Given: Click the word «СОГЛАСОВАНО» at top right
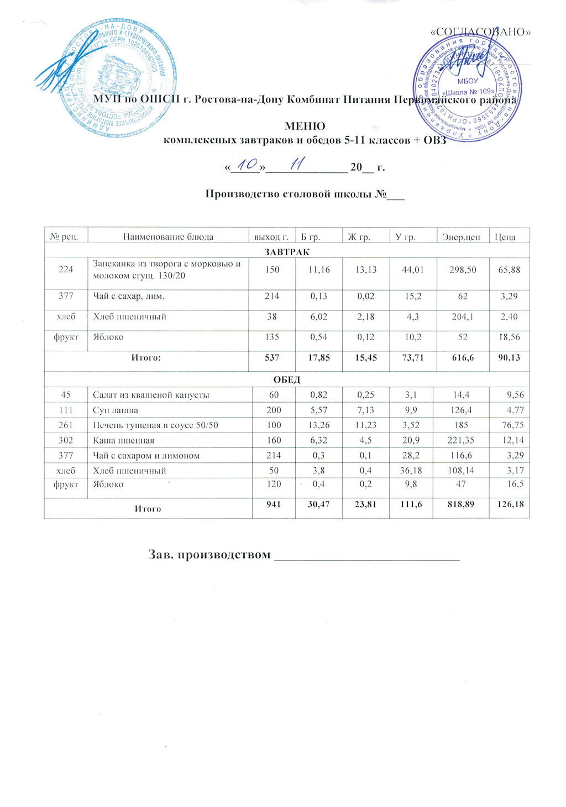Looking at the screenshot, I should (x=480, y=31).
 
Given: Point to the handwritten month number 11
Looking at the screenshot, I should (x=298, y=164).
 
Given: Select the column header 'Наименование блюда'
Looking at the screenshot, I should (x=168, y=237).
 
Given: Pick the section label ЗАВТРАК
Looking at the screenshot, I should (x=286, y=251).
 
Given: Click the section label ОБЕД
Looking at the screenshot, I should (x=287, y=379).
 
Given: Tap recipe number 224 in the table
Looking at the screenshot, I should (x=66, y=270).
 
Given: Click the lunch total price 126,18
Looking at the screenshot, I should (x=511, y=503).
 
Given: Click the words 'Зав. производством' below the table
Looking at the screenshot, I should (x=209, y=554).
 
